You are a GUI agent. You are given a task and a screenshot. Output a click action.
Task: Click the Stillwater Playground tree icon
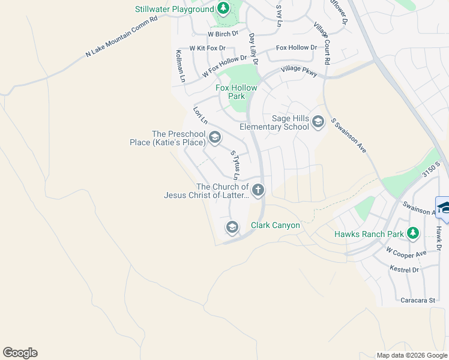click(x=223, y=8)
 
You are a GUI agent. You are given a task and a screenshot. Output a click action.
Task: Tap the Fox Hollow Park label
click(x=237, y=92)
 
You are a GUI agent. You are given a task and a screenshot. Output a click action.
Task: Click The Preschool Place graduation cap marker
click(x=214, y=139)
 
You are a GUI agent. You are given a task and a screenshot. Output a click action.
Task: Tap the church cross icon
click(x=258, y=190)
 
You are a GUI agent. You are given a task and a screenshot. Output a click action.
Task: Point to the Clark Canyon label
click(x=276, y=226)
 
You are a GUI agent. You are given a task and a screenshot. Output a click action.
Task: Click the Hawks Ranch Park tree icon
click(x=412, y=233)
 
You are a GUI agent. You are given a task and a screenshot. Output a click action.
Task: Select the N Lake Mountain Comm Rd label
click(x=121, y=36)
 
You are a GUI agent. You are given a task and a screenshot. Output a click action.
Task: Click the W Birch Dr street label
click(x=223, y=34)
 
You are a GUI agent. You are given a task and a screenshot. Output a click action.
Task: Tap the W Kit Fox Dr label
click(x=208, y=48)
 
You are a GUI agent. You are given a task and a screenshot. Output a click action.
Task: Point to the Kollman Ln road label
click(x=179, y=66)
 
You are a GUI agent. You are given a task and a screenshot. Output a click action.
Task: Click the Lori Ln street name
click(x=200, y=115)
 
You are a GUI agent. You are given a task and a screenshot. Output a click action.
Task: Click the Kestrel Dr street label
click(x=404, y=269)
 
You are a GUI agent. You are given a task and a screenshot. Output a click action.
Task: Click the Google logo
click(x=20, y=353)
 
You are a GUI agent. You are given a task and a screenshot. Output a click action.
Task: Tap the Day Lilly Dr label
click(x=253, y=49)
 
